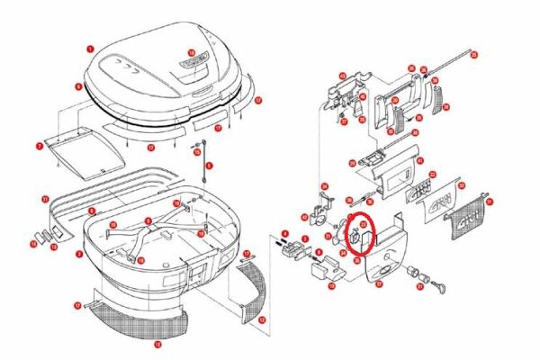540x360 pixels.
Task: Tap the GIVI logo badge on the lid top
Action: tap(193, 66)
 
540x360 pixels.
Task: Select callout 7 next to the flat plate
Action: tap(40, 145)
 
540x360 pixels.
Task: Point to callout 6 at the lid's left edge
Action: tap(78, 87)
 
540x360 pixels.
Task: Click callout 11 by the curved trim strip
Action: tap(45, 198)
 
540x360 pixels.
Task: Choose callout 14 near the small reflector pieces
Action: tap(33, 243)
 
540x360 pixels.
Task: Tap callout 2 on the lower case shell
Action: tap(79, 255)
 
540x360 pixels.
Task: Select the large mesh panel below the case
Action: tap(135, 319)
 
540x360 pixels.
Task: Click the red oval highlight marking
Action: tap(363, 234)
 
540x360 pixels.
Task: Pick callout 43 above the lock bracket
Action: tap(342, 76)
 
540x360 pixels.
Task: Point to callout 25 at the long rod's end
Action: tap(473, 56)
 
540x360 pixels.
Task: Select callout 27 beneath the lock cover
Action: tap(379, 283)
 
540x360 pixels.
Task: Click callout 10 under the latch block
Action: tap(331, 285)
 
